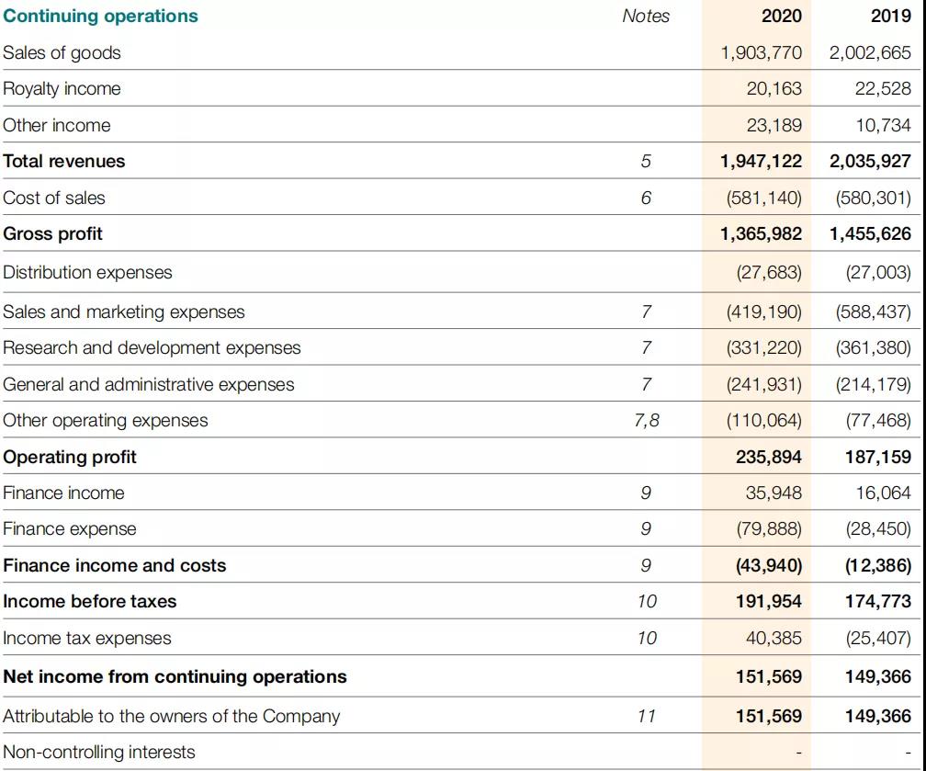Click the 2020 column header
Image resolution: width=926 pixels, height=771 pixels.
(x=781, y=16)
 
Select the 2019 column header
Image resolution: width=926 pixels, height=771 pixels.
(x=890, y=16)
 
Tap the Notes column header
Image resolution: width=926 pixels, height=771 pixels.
(x=646, y=16)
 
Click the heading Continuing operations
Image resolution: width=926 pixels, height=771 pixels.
(x=100, y=16)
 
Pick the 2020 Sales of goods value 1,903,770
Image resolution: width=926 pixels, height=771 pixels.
(x=761, y=52)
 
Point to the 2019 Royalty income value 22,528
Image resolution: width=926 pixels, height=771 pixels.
(x=882, y=88)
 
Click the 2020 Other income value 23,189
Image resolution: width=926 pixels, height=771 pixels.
(x=774, y=125)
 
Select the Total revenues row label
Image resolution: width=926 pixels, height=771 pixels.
(x=64, y=161)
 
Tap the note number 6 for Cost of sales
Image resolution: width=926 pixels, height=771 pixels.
(x=646, y=198)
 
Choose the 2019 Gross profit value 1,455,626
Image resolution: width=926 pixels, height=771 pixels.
(x=870, y=233)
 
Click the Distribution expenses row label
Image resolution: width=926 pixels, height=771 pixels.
(x=87, y=272)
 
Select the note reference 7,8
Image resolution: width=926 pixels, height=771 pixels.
(x=646, y=420)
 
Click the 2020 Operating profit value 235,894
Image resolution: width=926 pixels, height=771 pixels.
(x=768, y=457)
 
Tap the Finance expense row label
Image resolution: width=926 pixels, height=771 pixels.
(x=70, y=528)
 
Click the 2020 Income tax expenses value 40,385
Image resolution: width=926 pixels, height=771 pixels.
(x=774, y=638)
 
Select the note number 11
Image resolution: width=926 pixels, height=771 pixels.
(x=646, y=716)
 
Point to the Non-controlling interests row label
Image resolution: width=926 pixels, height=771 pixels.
(x=99, y=752)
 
